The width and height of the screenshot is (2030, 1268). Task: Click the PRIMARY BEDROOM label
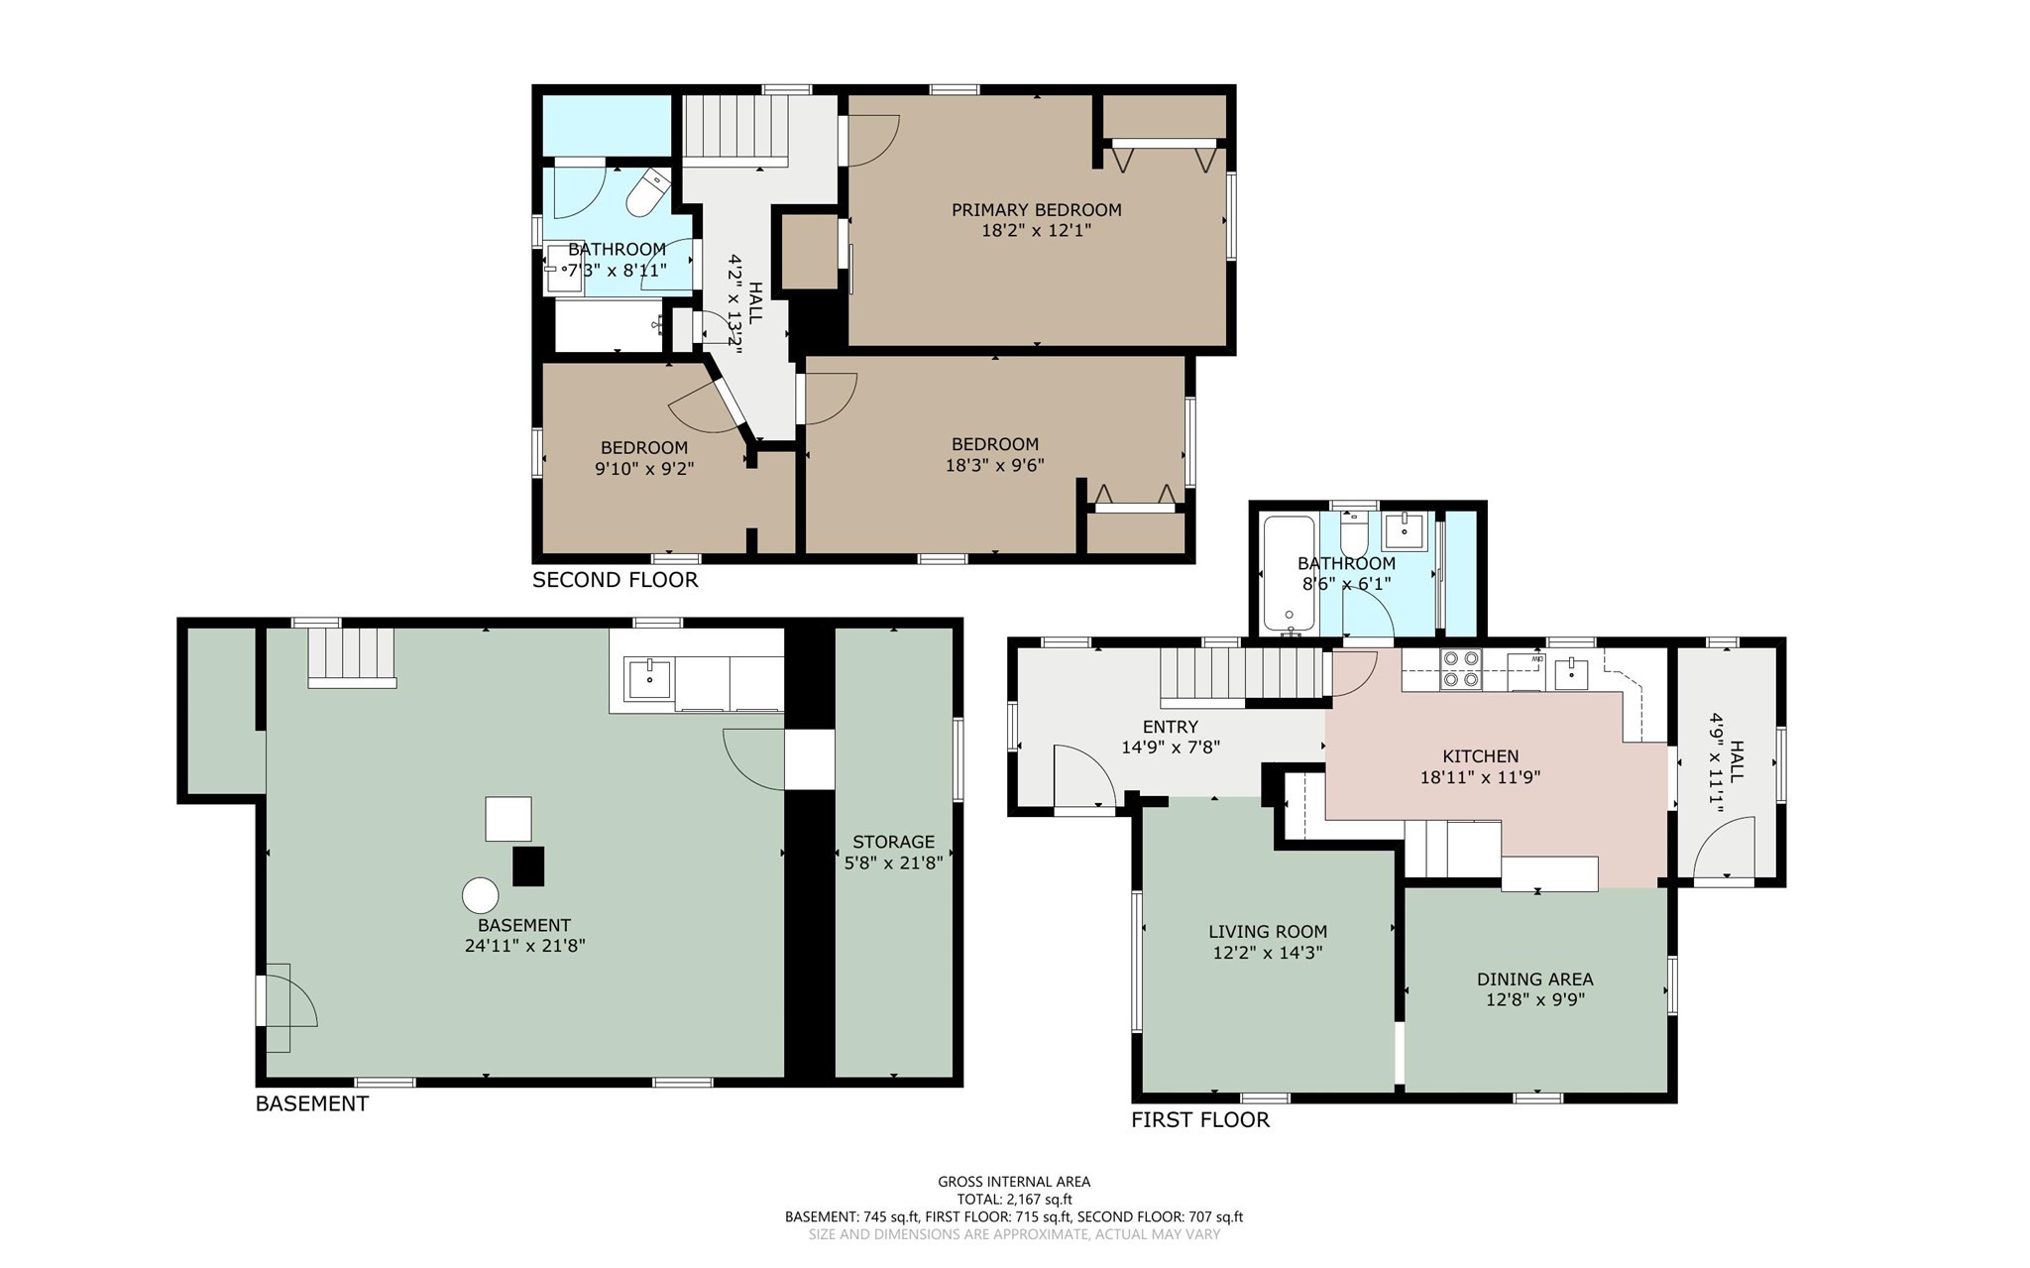point(1036,209)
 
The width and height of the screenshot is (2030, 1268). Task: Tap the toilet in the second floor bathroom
point(649,194)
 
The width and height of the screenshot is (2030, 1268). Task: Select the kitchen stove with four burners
point(1460,668)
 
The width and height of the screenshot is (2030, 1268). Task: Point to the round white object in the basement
point(481,895)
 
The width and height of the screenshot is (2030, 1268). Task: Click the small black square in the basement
point(528,865)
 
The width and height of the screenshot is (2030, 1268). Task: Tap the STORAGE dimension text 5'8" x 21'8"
point(893,864)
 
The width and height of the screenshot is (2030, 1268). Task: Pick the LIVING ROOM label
point(1267,932)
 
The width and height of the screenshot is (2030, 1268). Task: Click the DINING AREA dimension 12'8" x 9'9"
point(1534,1000)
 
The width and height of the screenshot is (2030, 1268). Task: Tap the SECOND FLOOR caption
point(615,580)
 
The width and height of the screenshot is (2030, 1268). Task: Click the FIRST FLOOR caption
point(1199,1120)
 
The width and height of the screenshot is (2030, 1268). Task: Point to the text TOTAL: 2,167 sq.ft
point(1014,1199)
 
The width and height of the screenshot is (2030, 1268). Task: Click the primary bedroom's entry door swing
point(872,139)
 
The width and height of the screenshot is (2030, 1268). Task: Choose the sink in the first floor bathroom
point(1404,530)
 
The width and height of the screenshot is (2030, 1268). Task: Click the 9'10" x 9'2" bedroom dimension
point(643,468)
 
